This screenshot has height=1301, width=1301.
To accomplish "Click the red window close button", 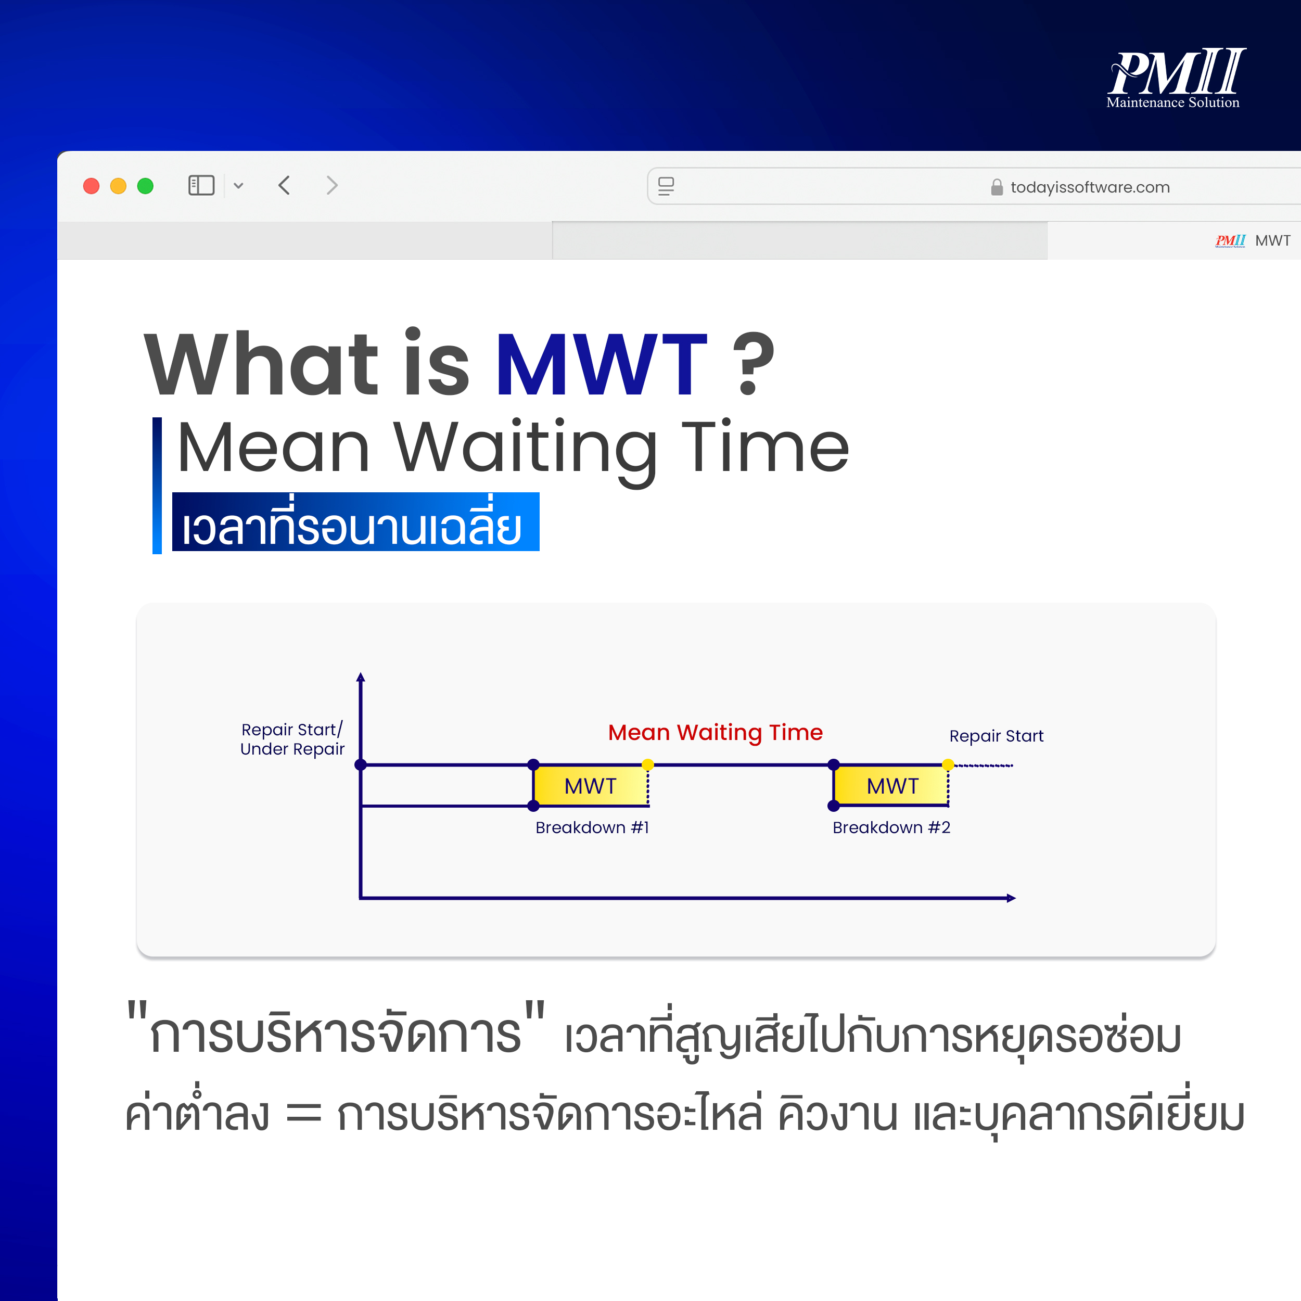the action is pos(91,186).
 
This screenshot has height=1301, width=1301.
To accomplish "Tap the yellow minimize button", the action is pos(118,186).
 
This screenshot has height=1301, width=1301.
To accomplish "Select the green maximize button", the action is pos(145,186).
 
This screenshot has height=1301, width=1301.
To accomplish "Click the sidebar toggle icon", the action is pos(201,185).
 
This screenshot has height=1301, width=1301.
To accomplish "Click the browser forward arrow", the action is pos(331,185).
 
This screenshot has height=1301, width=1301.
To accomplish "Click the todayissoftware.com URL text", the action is pos(1090,187).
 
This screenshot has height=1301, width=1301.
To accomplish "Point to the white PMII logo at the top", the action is pos(1176,78).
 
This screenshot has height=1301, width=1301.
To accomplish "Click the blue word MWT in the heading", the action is pos(601,364).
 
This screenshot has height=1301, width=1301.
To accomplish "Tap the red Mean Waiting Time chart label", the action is pos(715,732).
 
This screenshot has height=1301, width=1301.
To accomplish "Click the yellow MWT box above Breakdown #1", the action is pos(591,785).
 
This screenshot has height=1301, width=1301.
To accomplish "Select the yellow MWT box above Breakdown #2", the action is pos(891,785).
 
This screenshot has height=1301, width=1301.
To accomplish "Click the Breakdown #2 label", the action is pos(891,827).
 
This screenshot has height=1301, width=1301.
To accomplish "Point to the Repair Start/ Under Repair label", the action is pos(292,739).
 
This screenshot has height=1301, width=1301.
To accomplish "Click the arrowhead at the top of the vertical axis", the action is pos(361,677).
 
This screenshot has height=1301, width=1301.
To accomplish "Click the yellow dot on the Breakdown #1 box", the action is pos(648,764).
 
